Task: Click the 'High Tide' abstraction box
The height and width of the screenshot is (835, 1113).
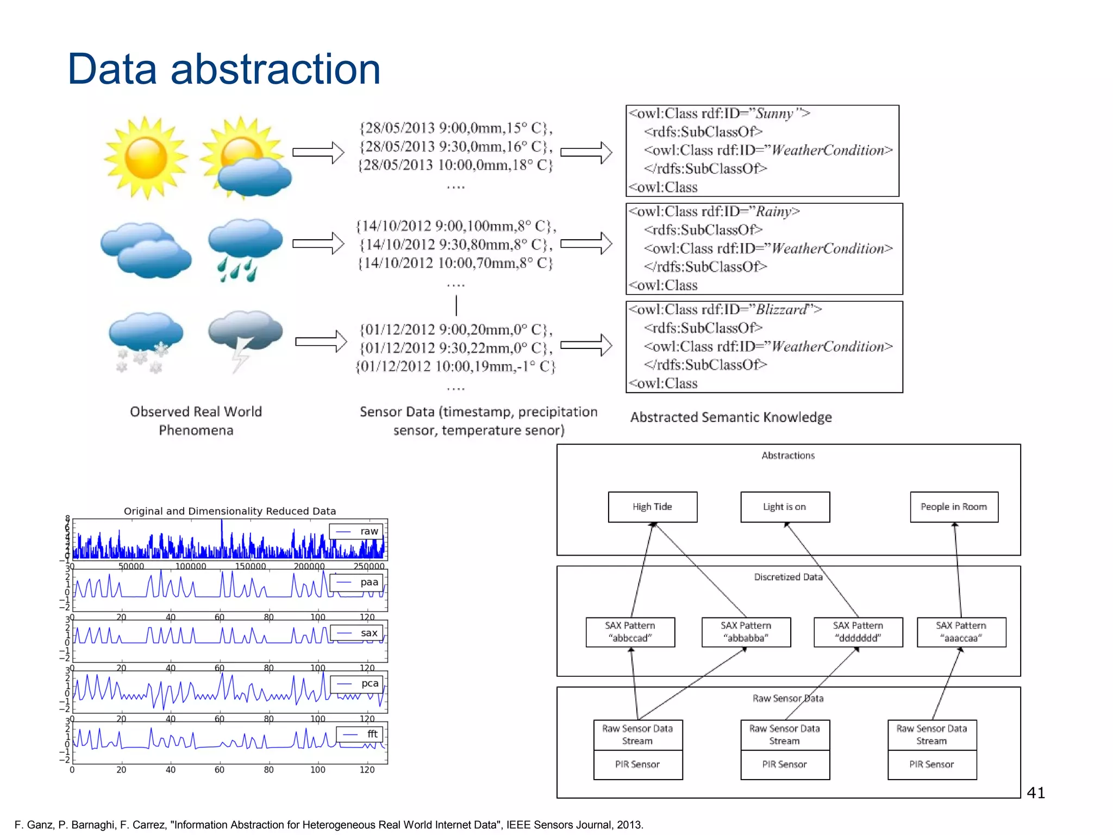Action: (x=652, y=507)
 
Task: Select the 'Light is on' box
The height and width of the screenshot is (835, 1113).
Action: (x=785, y=507)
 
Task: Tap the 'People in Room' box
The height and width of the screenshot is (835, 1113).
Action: (x=954, y=507)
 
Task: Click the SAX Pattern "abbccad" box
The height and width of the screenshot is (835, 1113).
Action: (x=630, y=632)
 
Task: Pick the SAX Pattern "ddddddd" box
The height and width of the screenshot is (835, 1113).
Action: (x=858, y=632)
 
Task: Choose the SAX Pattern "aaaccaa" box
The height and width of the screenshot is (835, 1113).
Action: (x=961, y=632)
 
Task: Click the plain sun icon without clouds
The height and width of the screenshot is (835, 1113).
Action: (x=146, y=158)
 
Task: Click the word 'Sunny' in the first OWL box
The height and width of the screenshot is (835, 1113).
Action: (x=774, y=114)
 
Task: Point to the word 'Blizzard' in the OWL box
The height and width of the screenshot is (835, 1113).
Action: (x=781, y=309)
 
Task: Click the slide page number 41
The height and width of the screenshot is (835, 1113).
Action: (x=1036, y=793)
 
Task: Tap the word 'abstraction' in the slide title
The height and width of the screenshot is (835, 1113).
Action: (x=276, y=69)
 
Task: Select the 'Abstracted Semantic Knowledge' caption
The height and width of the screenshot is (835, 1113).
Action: (x=730, y=417)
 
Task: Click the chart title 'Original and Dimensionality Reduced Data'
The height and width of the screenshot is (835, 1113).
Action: (x=230, y=511)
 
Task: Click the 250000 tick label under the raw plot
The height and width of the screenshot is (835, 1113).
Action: (x=368, y=566)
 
